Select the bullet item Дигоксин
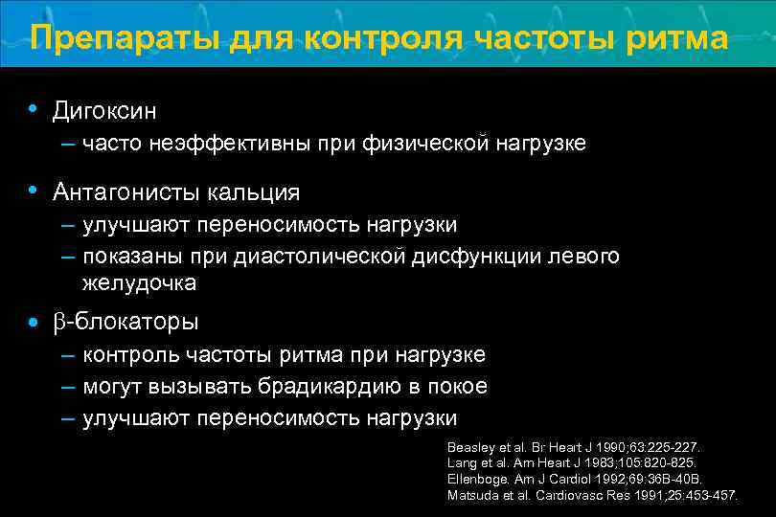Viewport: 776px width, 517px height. (104, 111)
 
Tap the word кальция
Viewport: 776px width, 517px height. (253, 191)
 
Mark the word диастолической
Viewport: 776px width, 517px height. (329, 257)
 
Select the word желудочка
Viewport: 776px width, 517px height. (140, 282)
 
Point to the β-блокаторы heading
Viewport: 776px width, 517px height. (126, 321)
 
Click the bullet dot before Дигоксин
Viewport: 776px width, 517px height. (34, 108)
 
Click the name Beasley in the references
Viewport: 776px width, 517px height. (470, 447)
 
